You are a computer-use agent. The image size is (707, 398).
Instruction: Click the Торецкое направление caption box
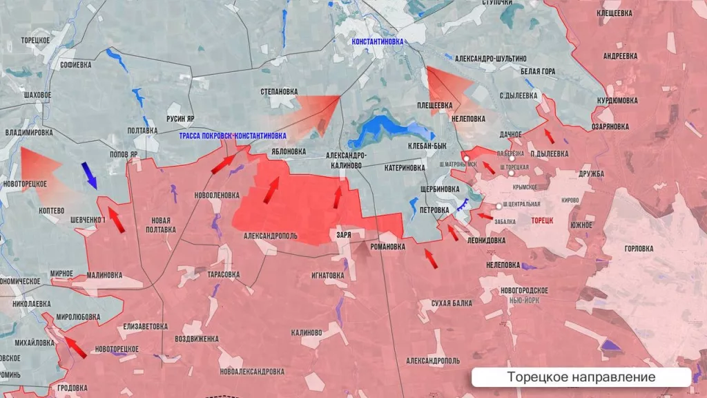pyautogui.click(x=581, y=377)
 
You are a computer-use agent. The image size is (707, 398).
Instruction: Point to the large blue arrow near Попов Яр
pyautogui.click(x=89, y=175)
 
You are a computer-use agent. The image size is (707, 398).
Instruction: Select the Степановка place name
pyautogui.click(x=279, y=91)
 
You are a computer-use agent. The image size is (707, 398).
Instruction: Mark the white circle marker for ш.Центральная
pyautogui.click(x=499, y=206)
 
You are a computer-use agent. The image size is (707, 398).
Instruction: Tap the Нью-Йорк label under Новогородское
pyautogui.click(x=524, y=301)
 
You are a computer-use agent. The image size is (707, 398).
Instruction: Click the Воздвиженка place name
pyautogui.click(x=197, y=339)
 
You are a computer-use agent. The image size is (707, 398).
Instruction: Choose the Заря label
pyautogui.click(x=343, y=235)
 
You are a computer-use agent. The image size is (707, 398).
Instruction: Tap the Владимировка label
pyautogui.click(x=28, y=132)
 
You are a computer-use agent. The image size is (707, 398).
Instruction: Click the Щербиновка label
pyautogui.click(x=439, y=189)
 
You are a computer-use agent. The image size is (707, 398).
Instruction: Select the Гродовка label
pyautogui.click(x=72, y=388)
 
